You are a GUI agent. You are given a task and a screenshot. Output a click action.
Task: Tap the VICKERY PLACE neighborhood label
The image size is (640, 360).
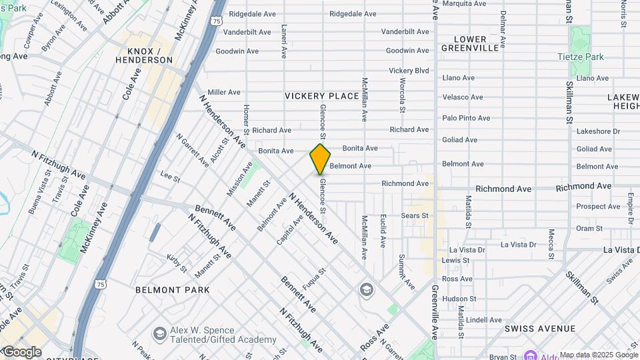(x=322, y=96)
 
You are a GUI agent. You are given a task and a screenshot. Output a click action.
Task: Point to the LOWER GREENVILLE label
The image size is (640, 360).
(x=475, y=44)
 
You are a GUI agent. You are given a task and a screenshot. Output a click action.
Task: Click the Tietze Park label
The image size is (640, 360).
(x=580, y=57)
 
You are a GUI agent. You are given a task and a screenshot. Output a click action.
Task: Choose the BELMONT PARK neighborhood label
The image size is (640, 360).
(x=172, y=290)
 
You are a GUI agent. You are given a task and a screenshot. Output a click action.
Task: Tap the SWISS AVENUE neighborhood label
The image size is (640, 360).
(x=540, y=329)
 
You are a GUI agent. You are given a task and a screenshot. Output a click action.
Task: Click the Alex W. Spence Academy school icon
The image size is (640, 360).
(x=159, y=333)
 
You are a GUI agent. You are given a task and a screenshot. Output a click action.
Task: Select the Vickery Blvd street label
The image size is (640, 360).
(x=409, y=71)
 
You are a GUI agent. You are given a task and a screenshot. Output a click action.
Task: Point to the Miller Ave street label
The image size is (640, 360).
(x=223, y=92)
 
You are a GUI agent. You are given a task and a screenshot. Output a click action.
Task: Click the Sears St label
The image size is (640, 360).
(x=415, y=215)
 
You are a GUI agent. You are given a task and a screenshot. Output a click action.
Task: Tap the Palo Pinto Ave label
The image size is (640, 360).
(x=466, y=118)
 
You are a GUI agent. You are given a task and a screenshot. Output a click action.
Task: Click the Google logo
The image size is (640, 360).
(x=22, y=351)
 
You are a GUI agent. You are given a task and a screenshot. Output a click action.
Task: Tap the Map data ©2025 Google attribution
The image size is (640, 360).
(x=598, y=355)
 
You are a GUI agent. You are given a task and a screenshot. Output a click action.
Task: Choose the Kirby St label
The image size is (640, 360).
(x=177, y=263)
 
